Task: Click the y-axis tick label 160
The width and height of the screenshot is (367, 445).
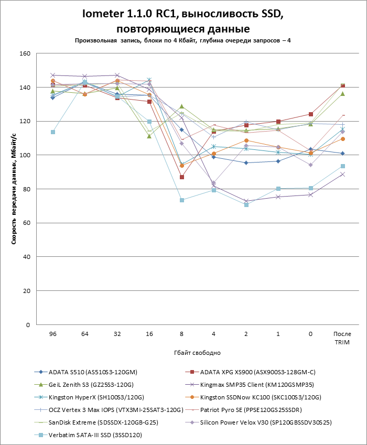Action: coord(25,53)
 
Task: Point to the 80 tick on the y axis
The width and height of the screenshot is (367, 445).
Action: coord(26,189)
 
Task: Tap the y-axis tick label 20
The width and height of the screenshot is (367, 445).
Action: coord(26,291)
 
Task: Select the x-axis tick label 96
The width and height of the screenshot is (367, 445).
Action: coord(52,333)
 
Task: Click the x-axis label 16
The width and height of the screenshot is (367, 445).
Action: coord(149,333)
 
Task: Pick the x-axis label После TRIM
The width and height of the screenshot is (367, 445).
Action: coord(343,338)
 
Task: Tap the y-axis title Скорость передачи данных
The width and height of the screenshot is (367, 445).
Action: coord(14,189)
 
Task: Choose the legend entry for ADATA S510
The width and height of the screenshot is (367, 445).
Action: coord(92,372)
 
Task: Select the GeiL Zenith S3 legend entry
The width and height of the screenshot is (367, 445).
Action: coord(92,385)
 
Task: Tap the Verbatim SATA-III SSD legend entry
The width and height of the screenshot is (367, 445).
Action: coord(95,435)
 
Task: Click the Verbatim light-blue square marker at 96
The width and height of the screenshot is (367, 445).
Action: coord(52,132)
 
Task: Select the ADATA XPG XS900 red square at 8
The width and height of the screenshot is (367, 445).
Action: coord(182,177)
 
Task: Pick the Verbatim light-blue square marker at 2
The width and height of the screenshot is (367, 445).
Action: coord(246,204)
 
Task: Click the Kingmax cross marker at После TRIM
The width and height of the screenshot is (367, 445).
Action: coord(343,174)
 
